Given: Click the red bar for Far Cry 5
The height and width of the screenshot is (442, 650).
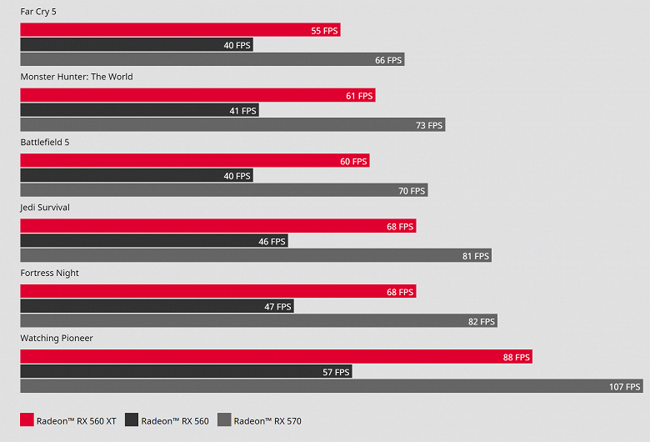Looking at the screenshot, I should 180,30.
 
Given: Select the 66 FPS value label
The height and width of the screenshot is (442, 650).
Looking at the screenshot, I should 388,60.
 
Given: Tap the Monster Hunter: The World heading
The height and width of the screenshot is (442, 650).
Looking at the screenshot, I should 77,77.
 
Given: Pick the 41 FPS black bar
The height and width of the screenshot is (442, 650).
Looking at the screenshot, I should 139,110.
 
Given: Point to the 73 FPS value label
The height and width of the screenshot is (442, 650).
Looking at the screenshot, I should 429,125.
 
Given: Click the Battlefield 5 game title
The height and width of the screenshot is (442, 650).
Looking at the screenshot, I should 45,143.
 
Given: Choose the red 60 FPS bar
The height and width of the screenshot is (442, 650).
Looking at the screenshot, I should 194,161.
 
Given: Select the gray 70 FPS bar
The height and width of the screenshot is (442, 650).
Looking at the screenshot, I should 223,190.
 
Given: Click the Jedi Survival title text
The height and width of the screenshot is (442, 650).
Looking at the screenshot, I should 48,208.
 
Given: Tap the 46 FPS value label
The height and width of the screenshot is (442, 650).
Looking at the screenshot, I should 272,242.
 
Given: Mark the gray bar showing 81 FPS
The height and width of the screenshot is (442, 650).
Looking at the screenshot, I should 255,256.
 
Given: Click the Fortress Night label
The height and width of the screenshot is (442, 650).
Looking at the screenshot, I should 49,273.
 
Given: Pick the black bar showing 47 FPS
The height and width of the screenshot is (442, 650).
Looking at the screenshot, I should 157,307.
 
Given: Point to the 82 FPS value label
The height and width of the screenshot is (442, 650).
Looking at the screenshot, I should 482,322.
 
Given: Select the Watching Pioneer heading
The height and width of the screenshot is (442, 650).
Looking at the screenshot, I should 57,339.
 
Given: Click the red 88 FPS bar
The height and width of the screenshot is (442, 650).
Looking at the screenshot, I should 276,357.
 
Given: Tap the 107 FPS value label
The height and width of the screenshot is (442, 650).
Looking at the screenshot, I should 625,387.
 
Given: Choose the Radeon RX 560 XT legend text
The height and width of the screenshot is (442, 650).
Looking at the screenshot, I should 77,421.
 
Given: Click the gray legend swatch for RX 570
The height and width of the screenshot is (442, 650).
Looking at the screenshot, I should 224,420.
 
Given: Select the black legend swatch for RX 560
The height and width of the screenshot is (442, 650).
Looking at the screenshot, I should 131,420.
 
